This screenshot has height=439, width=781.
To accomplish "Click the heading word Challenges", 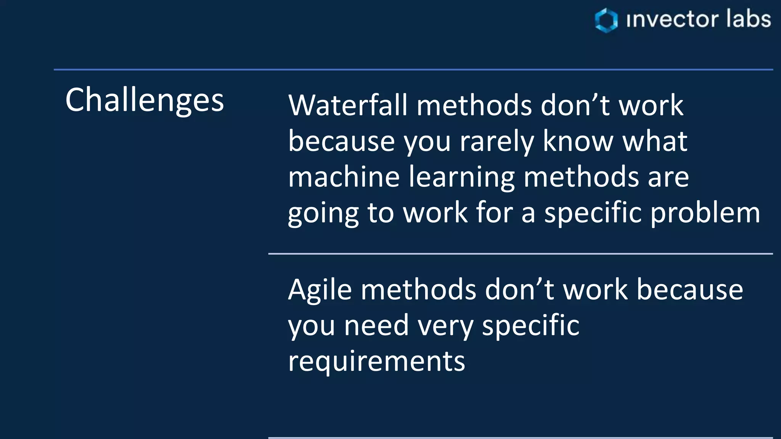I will point(145,100).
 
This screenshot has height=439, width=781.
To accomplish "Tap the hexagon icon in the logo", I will point(606,20).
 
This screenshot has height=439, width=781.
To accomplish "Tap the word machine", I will point(344,177).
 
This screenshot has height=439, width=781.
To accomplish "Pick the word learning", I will point(461,178).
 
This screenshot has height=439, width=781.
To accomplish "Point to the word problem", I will point(705,213).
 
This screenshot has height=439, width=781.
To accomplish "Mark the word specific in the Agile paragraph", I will point(530,326).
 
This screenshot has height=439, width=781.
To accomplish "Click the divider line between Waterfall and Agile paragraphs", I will point(520,253).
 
